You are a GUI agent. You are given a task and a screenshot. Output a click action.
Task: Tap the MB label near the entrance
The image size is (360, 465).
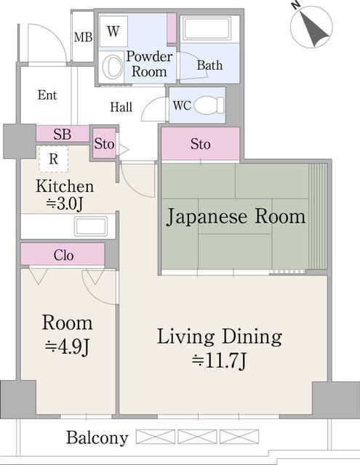[83, 37]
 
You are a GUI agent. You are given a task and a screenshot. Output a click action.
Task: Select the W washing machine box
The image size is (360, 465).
[113, 31]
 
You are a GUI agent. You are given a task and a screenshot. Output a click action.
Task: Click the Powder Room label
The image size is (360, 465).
[149, 64]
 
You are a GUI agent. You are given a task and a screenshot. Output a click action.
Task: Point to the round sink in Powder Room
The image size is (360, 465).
[113, 67]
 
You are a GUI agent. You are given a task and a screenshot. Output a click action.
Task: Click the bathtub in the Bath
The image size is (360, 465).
[209, 29]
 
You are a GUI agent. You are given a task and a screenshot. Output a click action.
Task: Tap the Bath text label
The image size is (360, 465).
[209, 65]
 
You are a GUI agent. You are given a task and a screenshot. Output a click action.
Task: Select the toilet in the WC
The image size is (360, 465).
[209, 105]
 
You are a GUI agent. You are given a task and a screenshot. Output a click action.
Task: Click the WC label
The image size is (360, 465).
[181, 105]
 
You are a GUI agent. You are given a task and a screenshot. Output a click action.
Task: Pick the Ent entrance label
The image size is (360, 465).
[47, 95]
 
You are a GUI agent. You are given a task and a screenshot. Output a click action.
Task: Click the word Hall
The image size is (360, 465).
[121, 108]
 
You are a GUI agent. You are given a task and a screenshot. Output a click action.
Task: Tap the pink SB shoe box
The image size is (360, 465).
[63, 134]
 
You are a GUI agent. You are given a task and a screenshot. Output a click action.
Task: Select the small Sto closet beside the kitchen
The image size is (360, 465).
[104, 144]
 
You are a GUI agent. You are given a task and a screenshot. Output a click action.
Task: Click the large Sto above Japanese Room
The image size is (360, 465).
[200, 144]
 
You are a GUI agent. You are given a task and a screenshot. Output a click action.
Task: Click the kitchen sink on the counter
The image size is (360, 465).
[90, 226]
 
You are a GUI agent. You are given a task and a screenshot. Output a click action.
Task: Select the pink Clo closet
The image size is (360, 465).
[63, 255]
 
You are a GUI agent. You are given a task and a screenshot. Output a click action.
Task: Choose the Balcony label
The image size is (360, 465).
[97, 438]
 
